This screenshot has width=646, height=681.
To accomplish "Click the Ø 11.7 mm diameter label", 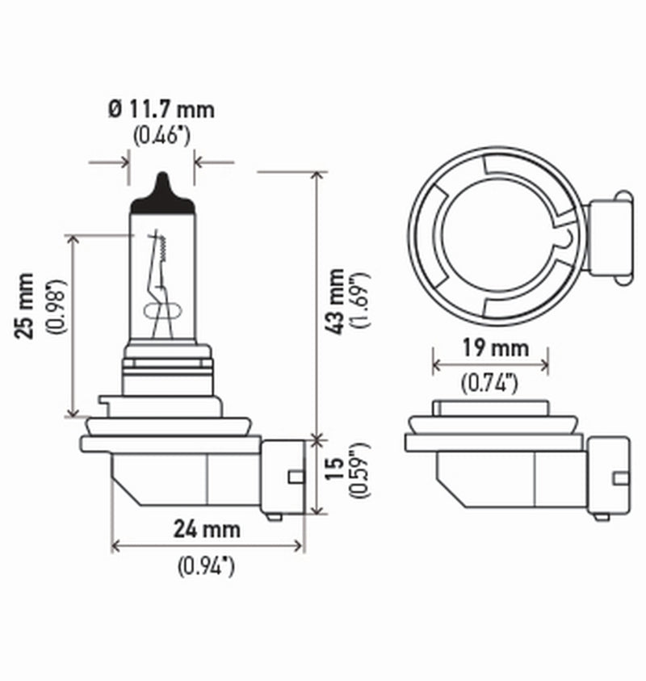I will (162, 107).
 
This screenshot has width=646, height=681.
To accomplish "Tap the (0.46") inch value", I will (162, 135).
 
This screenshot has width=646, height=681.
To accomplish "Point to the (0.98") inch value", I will (56, 307).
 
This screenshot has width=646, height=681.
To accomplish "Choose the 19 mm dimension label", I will (492, 348).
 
